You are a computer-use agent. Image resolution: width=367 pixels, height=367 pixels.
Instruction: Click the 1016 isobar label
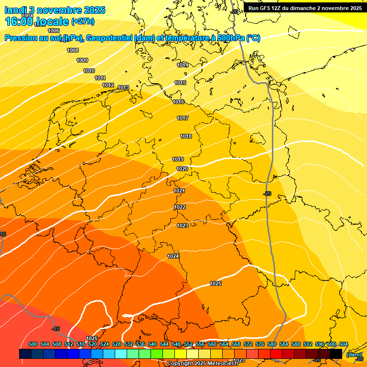(179, 102)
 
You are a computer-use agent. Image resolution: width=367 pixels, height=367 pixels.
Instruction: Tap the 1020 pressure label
(182, 169)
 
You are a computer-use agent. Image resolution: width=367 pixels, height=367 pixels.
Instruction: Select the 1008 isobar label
(73, 50)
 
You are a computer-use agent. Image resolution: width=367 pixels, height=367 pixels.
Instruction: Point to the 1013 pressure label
(123, 87)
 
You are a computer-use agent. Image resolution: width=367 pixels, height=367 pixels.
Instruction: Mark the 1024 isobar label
(173, 257)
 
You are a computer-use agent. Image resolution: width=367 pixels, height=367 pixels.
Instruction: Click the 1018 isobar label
(186, 136)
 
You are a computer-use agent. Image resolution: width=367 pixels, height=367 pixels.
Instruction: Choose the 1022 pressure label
(180, 207)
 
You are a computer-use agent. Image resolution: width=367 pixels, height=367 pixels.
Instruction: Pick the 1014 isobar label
(183, 65)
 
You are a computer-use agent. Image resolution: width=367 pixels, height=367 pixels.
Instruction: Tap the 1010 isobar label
(89, 71)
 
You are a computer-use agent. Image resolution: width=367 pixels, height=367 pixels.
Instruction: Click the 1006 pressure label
(54, 31)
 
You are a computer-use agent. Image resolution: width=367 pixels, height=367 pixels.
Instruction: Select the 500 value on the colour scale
(33, 344)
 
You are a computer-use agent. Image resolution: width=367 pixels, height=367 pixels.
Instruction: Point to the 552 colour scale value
(188, 344)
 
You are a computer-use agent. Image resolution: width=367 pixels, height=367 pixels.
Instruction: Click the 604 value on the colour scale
(344, 344)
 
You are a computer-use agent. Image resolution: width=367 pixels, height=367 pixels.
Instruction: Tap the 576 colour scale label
(260, 344)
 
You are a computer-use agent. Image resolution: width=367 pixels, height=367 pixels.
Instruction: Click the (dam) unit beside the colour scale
(354, 354)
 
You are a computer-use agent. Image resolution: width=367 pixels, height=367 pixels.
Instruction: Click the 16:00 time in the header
(19, 22)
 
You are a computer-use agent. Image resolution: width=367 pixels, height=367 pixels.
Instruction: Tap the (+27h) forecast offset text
(83, 22)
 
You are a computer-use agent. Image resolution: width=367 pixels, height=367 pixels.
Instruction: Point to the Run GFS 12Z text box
(305, 8)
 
